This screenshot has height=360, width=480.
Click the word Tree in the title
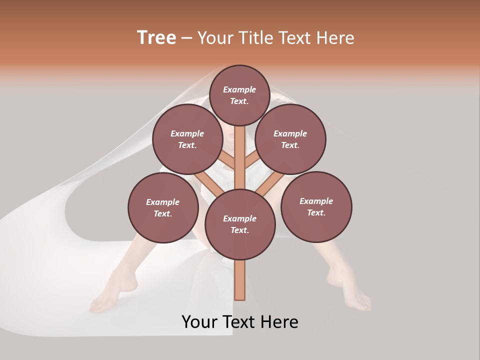point(156,38)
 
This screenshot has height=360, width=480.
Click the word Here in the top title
point(335,38)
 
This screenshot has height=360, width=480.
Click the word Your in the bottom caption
point(199,322)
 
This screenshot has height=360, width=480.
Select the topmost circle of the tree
point(239,95)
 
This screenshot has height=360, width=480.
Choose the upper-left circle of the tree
point(187,139)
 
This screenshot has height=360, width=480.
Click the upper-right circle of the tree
point(290,139)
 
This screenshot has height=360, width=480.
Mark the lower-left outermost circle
point(163,207)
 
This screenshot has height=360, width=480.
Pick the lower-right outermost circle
point(316,206)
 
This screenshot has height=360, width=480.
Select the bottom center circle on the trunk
point(240,224)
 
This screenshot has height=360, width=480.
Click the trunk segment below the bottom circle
point(240,280)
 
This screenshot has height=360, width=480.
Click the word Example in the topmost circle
point(239,89)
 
